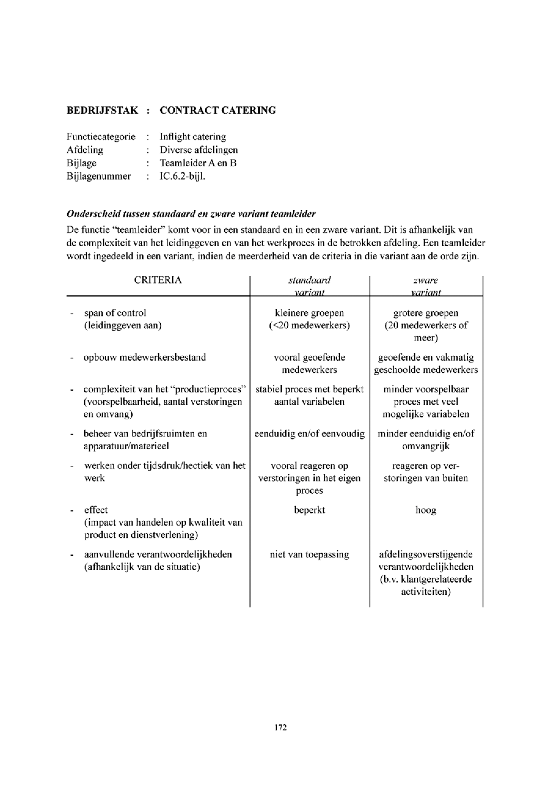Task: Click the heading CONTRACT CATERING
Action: coord(217,110)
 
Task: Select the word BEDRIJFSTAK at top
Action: coord(102,110)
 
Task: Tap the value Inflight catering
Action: coord(193,137)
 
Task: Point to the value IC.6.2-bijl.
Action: coord(182,176)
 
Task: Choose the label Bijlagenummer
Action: coord(99,176)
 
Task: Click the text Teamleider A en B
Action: coord(198,163)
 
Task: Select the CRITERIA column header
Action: coord(158,280)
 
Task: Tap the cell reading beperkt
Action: coord(309,510)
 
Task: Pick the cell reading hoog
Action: coord(426,510)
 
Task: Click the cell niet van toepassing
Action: coord(309,554)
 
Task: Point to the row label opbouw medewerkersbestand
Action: coord(144,357)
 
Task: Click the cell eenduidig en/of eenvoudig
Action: coord(309,434)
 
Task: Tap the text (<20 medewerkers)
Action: coord(309,325)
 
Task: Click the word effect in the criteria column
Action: coord(96,510)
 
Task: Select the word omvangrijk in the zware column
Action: coord(426,446)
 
